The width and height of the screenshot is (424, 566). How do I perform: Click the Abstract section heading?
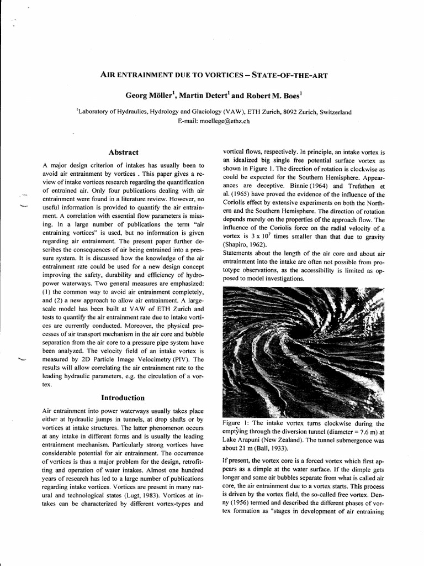pos(124,152)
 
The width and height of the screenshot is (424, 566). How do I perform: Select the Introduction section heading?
pos(123,397)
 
